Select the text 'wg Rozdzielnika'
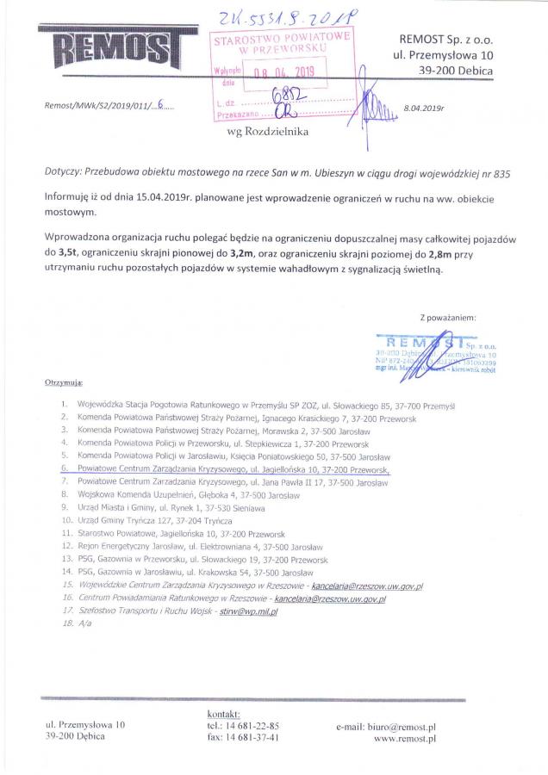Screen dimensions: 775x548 (260, 133)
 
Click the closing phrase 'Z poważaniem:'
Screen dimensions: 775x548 (447, 318)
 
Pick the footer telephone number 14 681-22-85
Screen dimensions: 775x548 (249, 726)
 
